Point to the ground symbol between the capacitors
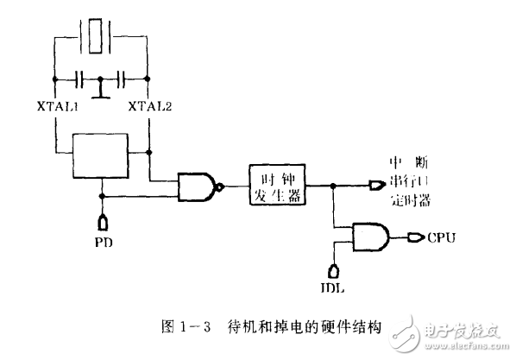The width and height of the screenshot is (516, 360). [x=101, y=91]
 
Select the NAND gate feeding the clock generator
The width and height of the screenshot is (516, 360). [x=197, y=185]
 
